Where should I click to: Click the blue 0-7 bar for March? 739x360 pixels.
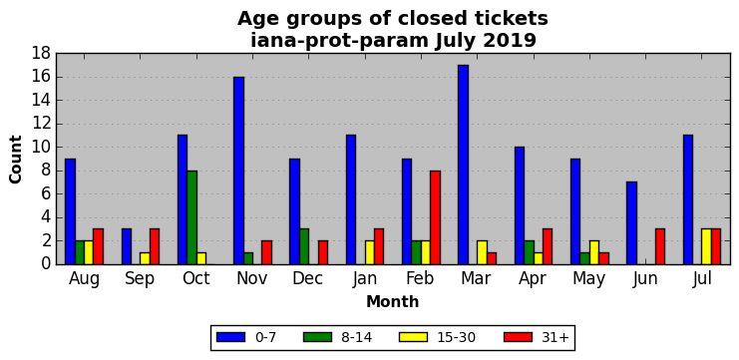click(463, 165)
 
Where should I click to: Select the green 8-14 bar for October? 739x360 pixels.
click(191, 217)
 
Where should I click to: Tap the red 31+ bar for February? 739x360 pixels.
click(435, 217)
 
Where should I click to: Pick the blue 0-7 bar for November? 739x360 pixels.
click(238, 171)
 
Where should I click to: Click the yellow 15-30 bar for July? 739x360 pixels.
click(706, 247)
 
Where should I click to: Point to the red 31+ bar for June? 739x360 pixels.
click(660, 247)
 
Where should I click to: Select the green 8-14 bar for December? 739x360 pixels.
click(304, 247)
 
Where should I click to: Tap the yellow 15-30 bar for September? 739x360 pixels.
click(146, 258)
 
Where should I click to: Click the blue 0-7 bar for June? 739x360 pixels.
click(631, 223)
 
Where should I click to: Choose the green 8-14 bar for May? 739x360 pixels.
click(584, 258)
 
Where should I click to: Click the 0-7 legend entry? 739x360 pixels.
click(246, 337)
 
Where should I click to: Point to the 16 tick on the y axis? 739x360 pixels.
click(43, 77)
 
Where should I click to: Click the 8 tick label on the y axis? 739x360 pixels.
click(47, 172)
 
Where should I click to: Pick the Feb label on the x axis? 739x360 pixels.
click(421, 278)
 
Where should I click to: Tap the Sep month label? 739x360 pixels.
click(140, 279)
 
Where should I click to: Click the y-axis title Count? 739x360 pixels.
click(16, 160)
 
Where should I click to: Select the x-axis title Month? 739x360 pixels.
click(393, 301)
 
